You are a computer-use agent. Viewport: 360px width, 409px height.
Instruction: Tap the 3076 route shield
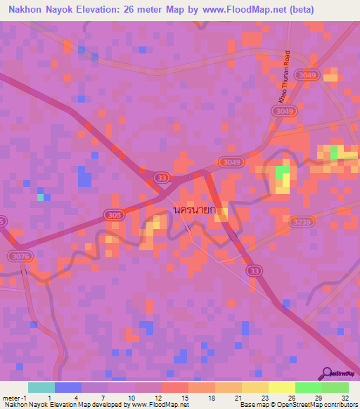coord(19,257)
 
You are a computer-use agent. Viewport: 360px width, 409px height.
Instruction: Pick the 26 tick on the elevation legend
coord(295,397)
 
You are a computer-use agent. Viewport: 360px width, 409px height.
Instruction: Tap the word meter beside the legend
coord(11,397)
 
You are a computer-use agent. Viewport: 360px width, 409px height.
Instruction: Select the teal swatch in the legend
coord(41,387)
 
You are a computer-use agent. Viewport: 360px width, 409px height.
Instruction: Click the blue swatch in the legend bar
coord(68,387)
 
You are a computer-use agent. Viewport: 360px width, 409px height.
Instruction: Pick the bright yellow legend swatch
coord(281,387)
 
